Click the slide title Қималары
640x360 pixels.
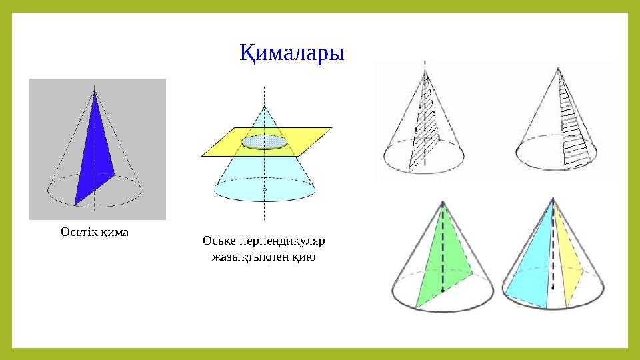[x=291, y=53]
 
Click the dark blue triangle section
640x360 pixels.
[x=95, y=157]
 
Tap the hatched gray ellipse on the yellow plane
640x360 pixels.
[x=265, y=141]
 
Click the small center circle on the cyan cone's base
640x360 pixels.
[x=265, y=189]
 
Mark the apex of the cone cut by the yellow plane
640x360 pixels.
[x=265, y=105]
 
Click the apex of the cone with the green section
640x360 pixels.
[x=443, y=200]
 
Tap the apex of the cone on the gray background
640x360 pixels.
[x=95, y=90]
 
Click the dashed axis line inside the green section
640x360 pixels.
[x=443, y=253]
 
